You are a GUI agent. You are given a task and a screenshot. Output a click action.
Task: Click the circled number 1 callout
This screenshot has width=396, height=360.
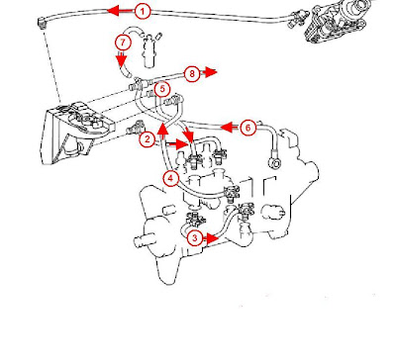click(x=143, y=12)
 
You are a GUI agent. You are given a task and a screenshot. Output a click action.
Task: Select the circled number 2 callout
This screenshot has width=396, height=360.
click(x=148, y=139)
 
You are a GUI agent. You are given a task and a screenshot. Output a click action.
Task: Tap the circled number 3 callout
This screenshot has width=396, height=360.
click(x=195, y=237)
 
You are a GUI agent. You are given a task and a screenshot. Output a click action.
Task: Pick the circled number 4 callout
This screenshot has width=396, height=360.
click(x=170, y=179)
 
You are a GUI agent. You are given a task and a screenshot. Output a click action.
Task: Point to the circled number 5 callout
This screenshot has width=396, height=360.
click(x=162, y=89)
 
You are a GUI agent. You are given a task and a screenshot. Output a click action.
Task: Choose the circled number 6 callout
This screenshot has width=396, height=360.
click(x=248, y=128)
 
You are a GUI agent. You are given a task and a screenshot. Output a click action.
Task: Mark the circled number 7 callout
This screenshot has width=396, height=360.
click(x=123, y=43)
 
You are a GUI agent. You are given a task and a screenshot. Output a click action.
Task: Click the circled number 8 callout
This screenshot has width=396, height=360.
click(x=192, y=73)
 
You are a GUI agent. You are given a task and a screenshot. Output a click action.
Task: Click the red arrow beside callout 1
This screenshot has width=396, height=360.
click(x=121, y=11)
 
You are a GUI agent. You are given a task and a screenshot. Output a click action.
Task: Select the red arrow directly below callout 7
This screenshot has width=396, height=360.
click(x=122, y=58)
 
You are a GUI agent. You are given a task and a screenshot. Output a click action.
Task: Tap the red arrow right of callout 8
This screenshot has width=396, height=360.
click(x=209, y=72)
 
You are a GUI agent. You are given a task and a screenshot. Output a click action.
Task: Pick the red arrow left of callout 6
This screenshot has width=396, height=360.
click(x=231, y=127)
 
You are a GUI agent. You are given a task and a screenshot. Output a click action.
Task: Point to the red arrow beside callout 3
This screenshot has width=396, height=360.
click(x=211, y=238)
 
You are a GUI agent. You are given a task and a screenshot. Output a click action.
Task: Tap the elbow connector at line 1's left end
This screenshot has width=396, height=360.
click(x=42, y=23)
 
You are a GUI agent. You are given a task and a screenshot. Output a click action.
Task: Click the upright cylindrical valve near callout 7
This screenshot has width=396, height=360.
click(x=148, y=50)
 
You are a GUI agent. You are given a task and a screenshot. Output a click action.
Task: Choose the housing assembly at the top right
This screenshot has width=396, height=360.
click(x=337, y=21)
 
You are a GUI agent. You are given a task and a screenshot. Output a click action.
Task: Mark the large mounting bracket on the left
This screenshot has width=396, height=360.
click(x=76, y=132)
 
